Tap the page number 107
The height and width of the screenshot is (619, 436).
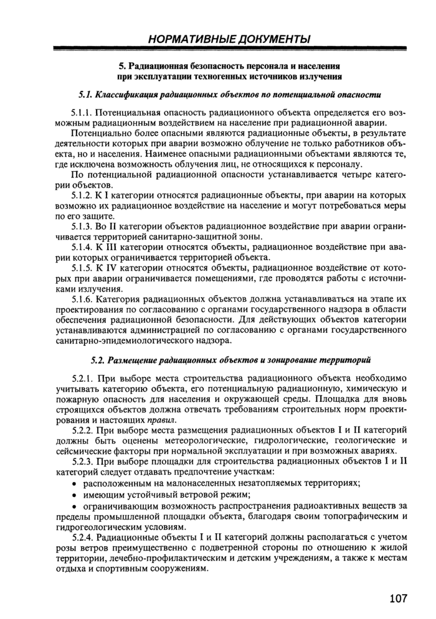tap(398, 598)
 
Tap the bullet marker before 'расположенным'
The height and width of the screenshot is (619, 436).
tap(75, 483)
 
